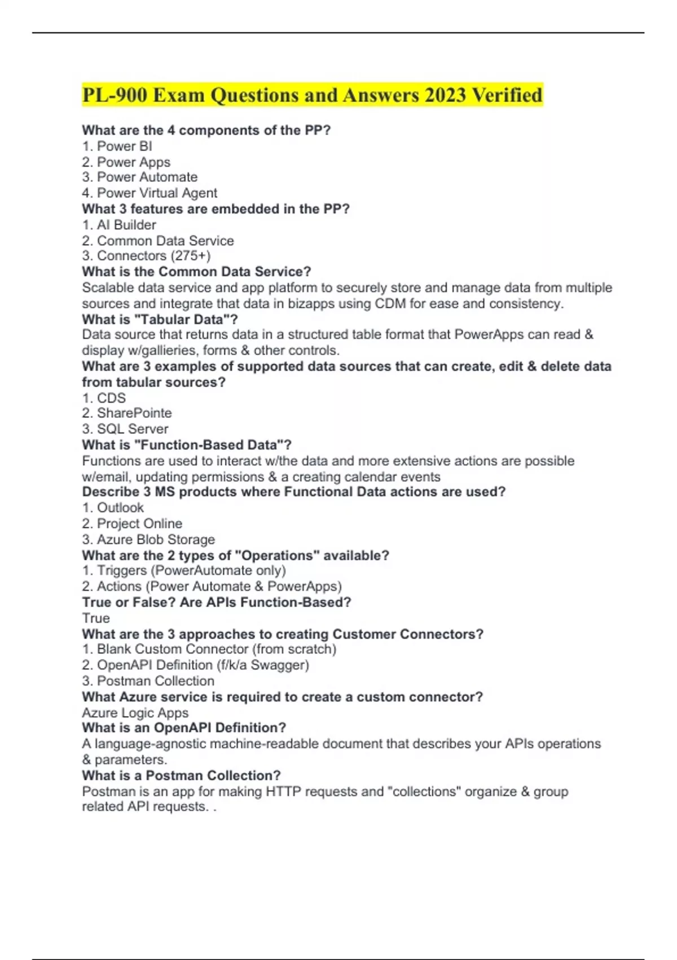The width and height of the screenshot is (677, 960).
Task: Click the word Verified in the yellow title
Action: point(507,95)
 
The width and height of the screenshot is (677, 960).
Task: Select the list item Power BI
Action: point(124,146)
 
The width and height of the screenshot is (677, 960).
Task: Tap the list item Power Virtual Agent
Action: point(157,193)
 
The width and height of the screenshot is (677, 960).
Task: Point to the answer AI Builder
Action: point(126,225)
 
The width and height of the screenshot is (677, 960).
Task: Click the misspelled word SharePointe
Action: point(134,413)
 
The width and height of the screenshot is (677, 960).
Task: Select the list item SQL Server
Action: point(133,429)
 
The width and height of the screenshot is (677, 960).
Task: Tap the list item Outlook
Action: point(120,508)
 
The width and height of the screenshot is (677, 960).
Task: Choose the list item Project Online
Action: point(139,523)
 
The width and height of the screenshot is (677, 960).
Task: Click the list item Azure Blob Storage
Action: point(156,539)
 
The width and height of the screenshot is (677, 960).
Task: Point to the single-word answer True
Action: point(96,618)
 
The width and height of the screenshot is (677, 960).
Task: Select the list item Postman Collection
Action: point(156,681)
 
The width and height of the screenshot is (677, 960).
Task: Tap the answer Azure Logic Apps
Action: point(135,713)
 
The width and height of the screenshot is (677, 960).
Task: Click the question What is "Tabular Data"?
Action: point(160,320)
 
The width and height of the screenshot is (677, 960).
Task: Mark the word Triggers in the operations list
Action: point(122,571)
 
